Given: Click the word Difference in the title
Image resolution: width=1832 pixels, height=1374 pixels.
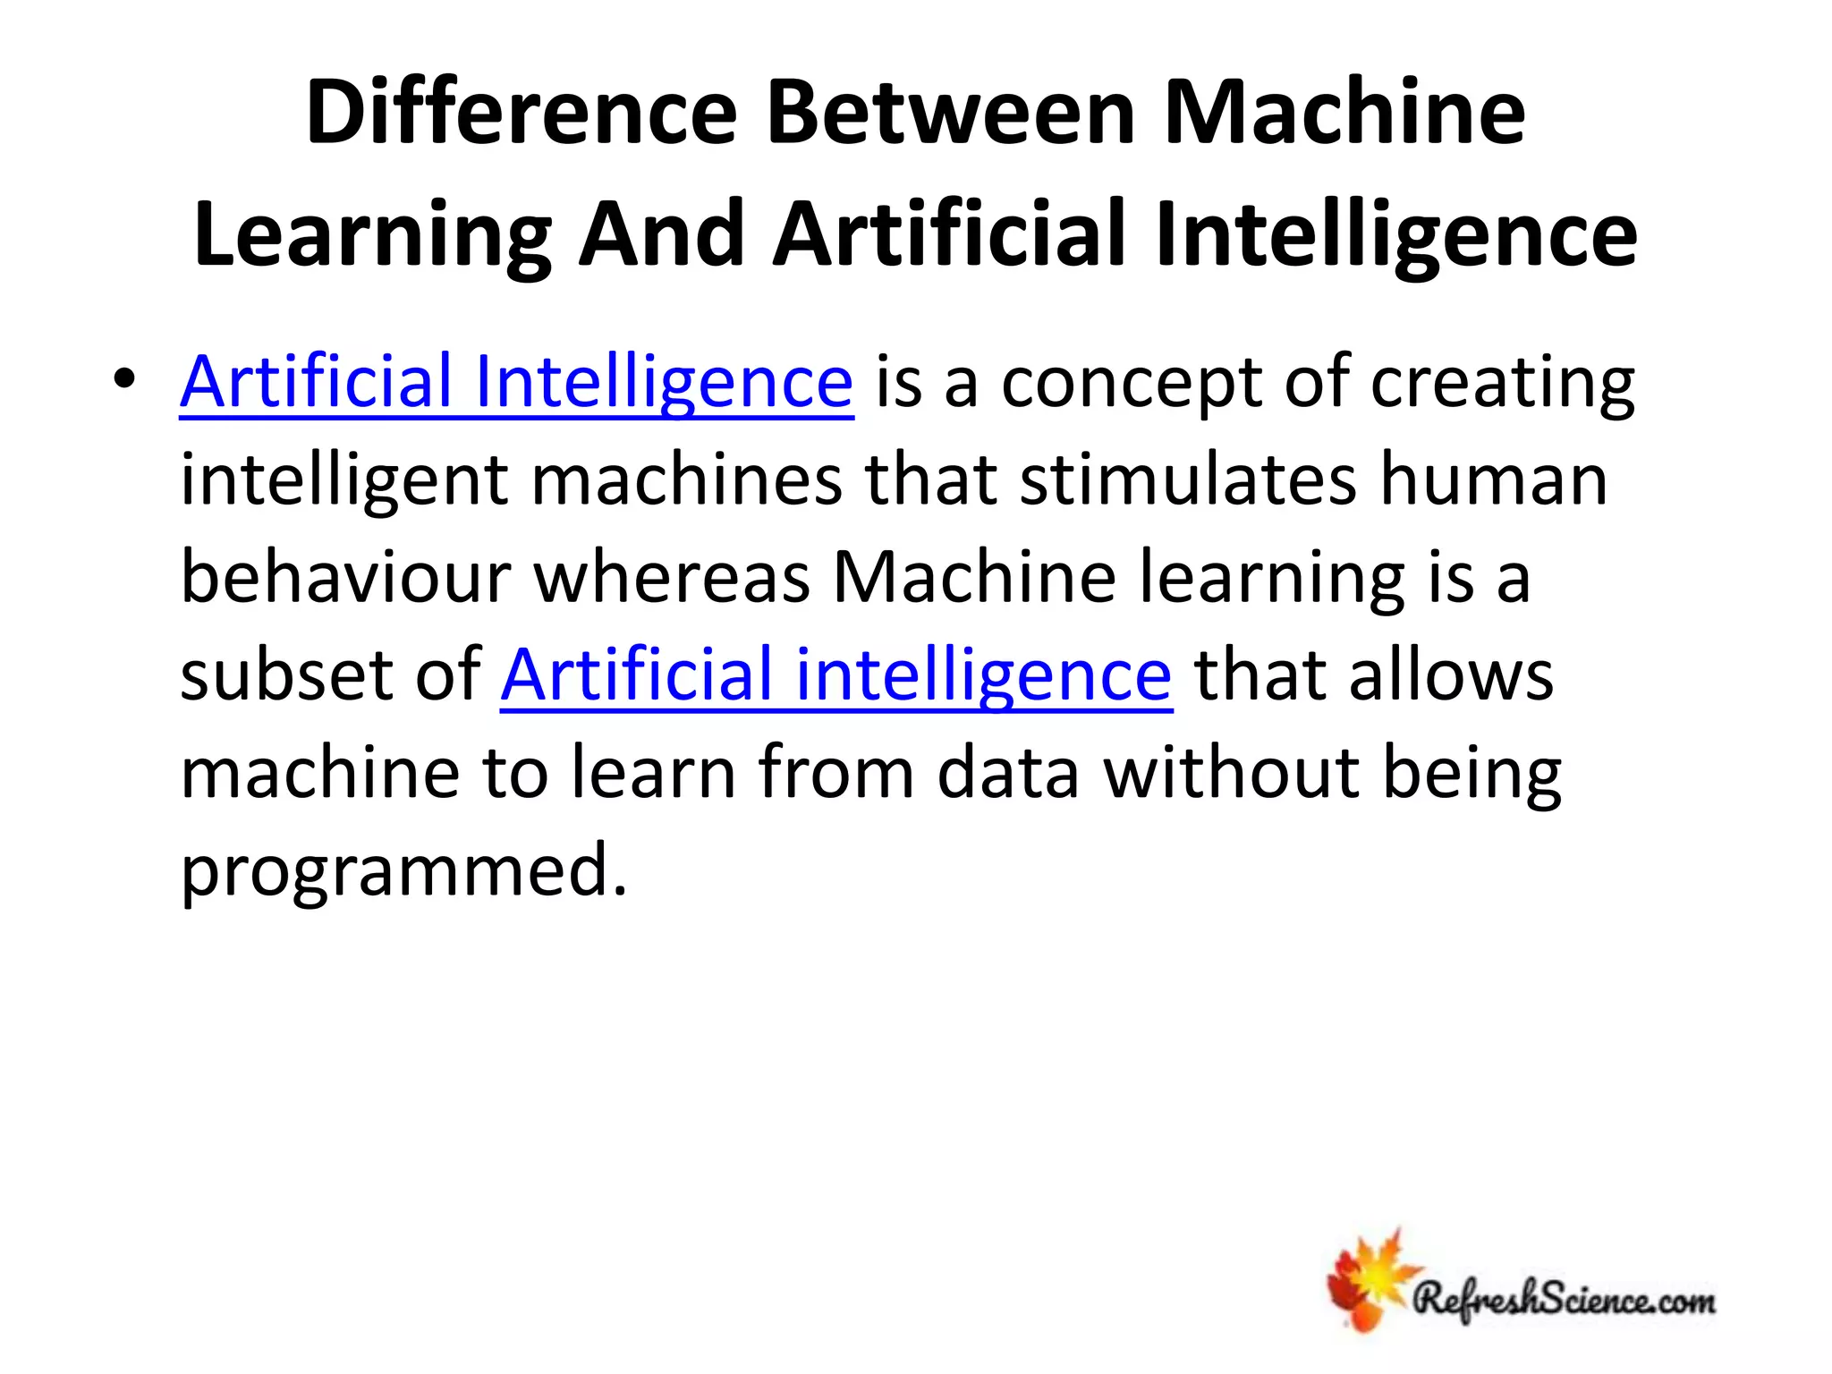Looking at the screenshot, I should pos(521,113).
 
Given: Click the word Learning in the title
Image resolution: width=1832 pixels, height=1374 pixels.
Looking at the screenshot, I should pos(372,234).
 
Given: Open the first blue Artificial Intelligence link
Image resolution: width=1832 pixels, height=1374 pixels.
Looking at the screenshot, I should pos(516,382).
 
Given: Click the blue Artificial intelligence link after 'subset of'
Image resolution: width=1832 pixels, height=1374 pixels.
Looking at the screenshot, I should pos(835,674).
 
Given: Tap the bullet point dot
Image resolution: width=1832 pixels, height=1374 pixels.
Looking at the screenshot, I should pos(124,381).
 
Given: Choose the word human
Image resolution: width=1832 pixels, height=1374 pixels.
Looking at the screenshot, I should pos(1493,479).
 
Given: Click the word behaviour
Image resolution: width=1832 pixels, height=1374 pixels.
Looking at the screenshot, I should pos(345,577).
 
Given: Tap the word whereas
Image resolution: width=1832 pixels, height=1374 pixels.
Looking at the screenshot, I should pos(672,577).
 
